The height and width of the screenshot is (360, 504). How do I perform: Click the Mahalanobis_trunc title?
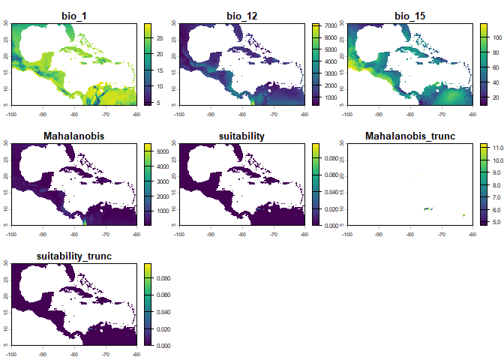pyautogui.click(x=409, y=135)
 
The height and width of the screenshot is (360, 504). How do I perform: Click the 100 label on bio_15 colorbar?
pyautogui.click(x=496, y=34)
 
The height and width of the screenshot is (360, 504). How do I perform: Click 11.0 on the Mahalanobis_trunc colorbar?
pyautogui.click(x=497, y=148)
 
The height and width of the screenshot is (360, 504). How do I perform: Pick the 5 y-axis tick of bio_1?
pyautogui.click(x=6, y=104)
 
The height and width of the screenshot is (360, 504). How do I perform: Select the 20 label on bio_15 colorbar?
pyautogui.click(x=494, y=97)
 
